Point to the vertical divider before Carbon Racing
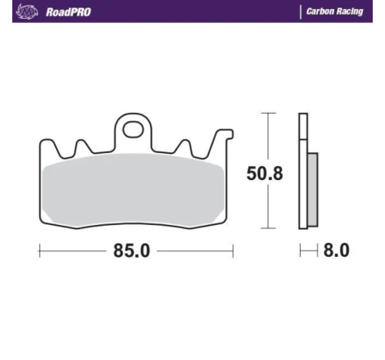[298, 12]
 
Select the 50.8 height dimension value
[265, 173]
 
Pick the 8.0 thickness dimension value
[336, 251]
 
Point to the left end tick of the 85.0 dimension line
[38, 251]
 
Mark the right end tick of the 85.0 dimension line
[233, 251]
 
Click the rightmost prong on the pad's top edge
[220, 137]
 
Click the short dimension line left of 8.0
[307, 251]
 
